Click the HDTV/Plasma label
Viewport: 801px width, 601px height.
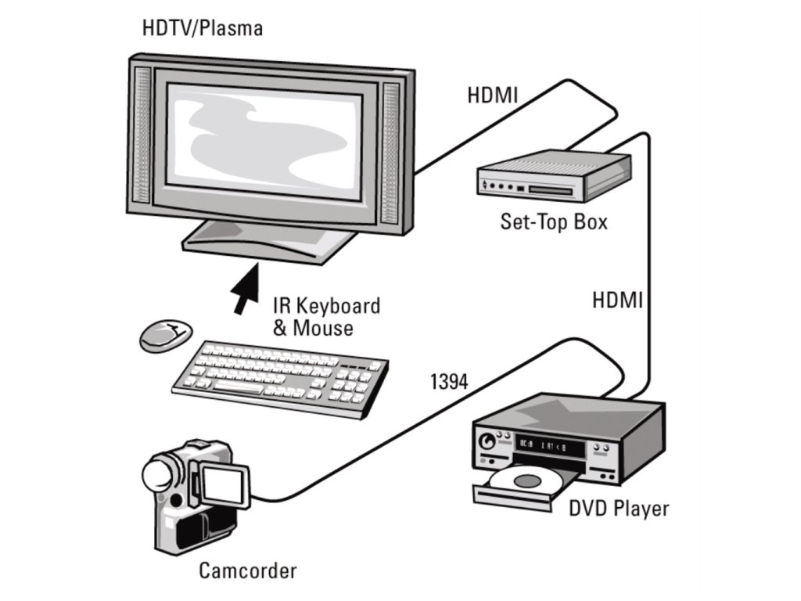pos(202,29)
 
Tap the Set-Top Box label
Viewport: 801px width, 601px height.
pos(554,221)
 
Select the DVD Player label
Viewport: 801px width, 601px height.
pos(619,509)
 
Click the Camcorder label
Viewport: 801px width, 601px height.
pos(248,570)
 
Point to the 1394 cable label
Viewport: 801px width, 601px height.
pos(449,383)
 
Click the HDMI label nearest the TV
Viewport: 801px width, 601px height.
pos(493,95)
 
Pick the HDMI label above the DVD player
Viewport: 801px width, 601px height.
pos(617,300)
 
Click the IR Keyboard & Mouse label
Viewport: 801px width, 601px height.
pos(326,316)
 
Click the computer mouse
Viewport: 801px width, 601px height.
pos(165,334)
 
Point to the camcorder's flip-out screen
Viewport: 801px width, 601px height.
pos(224,486)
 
